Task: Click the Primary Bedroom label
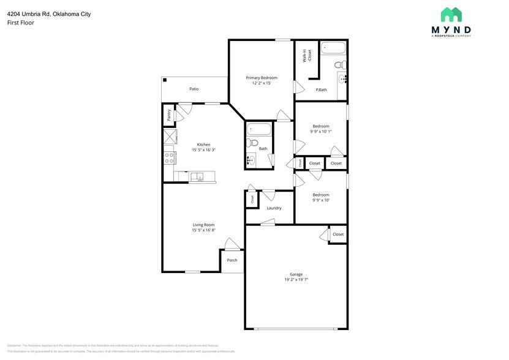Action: click(262, 78)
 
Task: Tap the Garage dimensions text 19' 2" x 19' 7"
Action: click(296, 280)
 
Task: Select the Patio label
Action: click(194, 89)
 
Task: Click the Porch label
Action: click(232, 260)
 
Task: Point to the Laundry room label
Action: click(274, 208)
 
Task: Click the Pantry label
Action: click(168, 114)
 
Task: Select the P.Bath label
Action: click(321, 90)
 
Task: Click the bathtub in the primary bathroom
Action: click(334, 48)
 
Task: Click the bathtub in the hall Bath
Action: click(258, 130)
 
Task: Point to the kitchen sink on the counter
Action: click(197, 178)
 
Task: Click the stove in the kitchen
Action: click(169, 158)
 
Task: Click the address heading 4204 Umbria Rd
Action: click(49, 13)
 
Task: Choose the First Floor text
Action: click(20, 23)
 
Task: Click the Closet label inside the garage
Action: click(338, 234)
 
